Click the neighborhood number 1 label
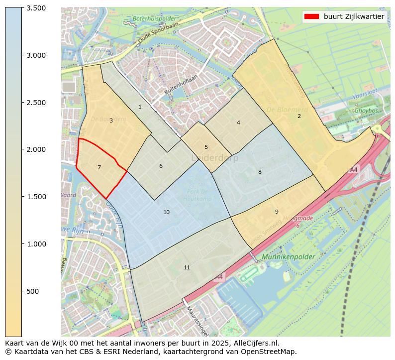click(x=140, y=107)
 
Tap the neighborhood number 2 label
click(x=299, y=116)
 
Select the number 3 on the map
click(x=111, y=120)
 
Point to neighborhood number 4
click(x=238, y=122)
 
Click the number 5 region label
click(x=206, y=147)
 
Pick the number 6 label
click(x=161, y=166)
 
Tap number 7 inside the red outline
click(x=99, y=167)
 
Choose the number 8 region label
click(x=260, y=172)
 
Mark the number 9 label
click(x=277, y=212)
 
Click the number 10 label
click(x=166, y=212)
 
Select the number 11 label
click(x=187, y=267)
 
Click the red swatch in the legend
click(x=311, y=16)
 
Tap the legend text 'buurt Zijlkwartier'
click(x=354, y=16)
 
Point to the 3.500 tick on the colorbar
click(x=36, y=8)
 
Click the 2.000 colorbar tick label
click(x=36, y=149)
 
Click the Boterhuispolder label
click(x=152, y=19)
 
